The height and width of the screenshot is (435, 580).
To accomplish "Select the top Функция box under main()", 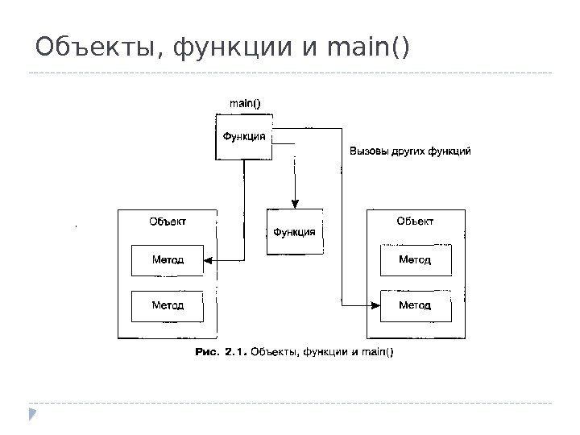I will [243, 136].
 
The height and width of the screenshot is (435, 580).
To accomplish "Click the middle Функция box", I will [296, 232].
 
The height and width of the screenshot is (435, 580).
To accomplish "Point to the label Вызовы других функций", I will [408, 151].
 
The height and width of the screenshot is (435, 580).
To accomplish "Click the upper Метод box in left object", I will [168, 260].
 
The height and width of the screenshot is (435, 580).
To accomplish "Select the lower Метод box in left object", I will [168, 306].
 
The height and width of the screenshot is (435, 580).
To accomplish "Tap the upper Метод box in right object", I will [415, 260].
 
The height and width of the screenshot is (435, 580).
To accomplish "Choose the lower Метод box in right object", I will [415, 305].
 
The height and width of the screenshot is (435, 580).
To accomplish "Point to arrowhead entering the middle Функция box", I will [296, 205].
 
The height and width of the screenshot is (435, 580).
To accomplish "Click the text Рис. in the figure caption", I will [210, 351].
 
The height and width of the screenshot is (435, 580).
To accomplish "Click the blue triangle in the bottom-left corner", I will [31, 415].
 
